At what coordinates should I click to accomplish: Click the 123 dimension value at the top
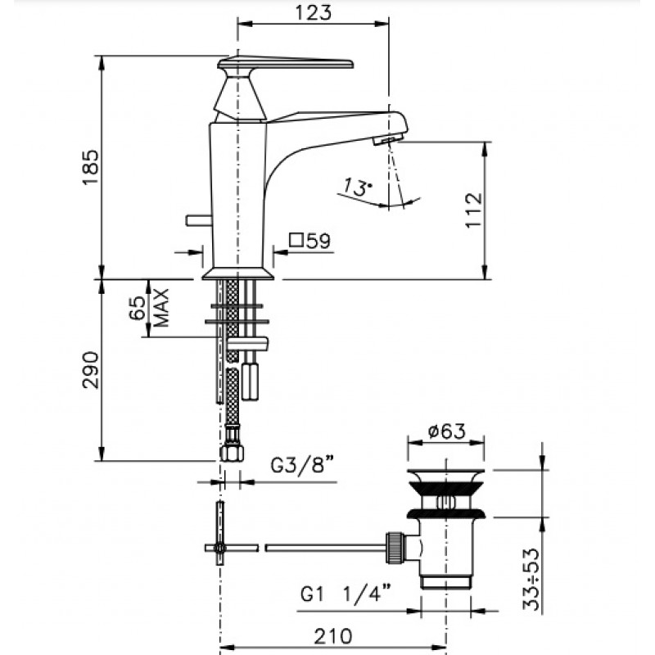(x=314, y=12)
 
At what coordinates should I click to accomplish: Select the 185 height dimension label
(x=91, y=167)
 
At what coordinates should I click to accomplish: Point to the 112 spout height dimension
(x=474, y=210)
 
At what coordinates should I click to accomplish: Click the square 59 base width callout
(x=310, y=241)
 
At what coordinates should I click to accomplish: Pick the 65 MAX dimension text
(x=149, y=308)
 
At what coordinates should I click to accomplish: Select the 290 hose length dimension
(x=91, y=370)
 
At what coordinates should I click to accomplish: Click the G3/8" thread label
(x=303, y=464)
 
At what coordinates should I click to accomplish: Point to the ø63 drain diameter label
(x=446, y=431)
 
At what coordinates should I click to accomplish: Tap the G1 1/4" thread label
(x=345, y=593)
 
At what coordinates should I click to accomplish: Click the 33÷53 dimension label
(x=531, y=579)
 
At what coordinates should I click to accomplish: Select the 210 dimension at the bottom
(x=333, y=636)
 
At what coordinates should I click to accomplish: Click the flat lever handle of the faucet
(x=286, y=63)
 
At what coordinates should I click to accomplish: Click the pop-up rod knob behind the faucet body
(x=198, y=220)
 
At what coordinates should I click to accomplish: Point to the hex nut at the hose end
(x=232, y=453)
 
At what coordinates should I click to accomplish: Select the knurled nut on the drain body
(x=395, y=548)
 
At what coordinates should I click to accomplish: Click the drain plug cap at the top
(x=445, y=475)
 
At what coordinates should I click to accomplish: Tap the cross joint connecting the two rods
(x=219, y=548)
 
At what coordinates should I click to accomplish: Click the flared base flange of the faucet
(x=238, y=273)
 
